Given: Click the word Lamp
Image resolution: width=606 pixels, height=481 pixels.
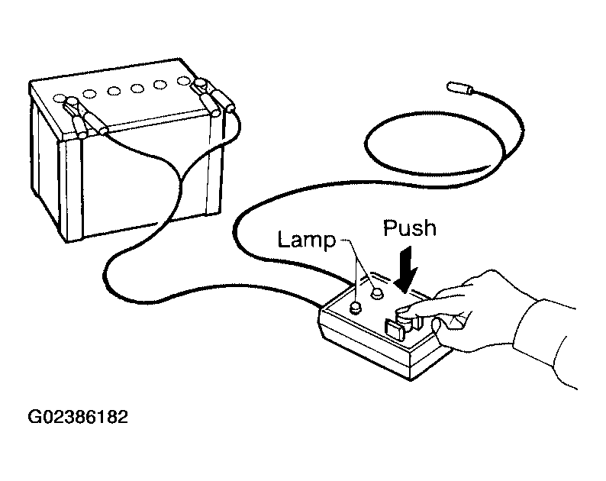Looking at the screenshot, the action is coord(307,240).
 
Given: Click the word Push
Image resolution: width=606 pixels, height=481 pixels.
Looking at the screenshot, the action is coord(410,228).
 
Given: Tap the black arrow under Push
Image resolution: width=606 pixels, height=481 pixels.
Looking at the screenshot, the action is coord(406,270).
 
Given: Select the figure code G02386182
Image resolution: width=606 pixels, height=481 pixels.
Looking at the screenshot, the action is coord(78,417).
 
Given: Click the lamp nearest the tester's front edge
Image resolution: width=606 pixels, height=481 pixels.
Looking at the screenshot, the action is coord(355,308).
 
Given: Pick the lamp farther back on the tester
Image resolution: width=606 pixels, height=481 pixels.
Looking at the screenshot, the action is coord(377,294).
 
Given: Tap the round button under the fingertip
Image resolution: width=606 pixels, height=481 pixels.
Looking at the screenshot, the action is coord(406,318).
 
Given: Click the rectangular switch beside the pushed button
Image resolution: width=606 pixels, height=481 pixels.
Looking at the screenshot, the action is coord(395,330).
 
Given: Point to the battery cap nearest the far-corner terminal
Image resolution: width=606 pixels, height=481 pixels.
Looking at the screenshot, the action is coord(183,81).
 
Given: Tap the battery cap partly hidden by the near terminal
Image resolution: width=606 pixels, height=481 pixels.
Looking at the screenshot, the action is coord(59,98).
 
